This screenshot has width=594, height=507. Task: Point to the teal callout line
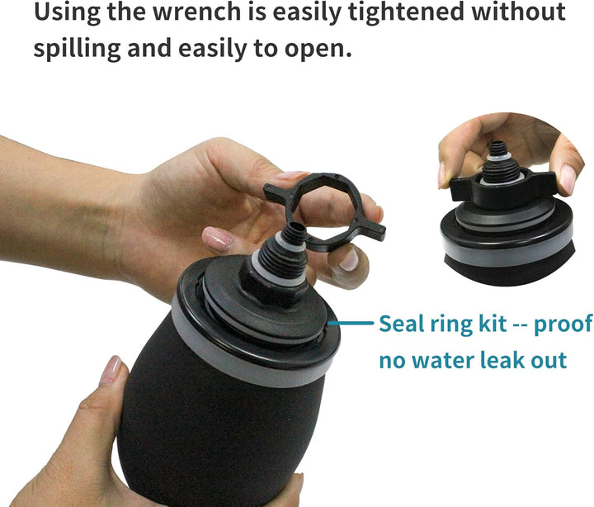click(351, 324)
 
